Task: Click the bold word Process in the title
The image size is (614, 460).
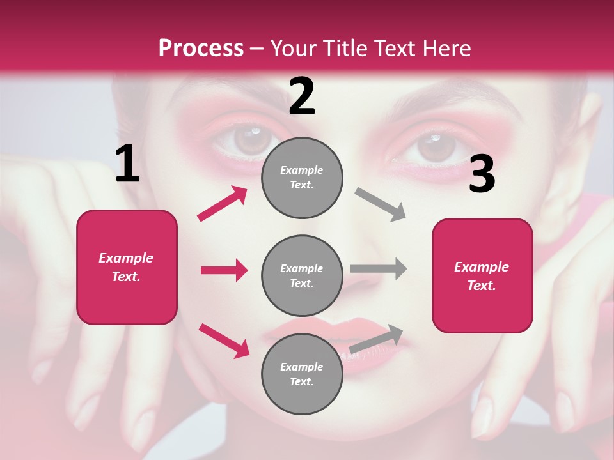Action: click(201, 49)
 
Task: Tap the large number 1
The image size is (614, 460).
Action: click(127, 164)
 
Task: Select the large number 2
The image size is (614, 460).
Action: click(302, 96)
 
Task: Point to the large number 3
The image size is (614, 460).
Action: click(482, 174)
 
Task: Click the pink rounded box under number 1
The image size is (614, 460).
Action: click(127, 267)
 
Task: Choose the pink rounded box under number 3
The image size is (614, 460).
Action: click(482, 275)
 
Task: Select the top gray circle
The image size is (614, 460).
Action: click(302, 178)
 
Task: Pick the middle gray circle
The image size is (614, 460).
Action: click(302, 275)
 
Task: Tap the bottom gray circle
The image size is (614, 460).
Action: click(302, 374)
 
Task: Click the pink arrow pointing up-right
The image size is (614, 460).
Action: click(223, 204)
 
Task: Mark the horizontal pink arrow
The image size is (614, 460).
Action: click(224, 270)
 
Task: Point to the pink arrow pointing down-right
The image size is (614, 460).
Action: click(224, 341)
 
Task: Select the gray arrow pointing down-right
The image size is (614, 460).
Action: click(381, 204)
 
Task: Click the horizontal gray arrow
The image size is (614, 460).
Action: click(379, 268)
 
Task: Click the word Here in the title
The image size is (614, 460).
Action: click(447, 49)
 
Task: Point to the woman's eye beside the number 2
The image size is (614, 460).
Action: click(249, 139)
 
